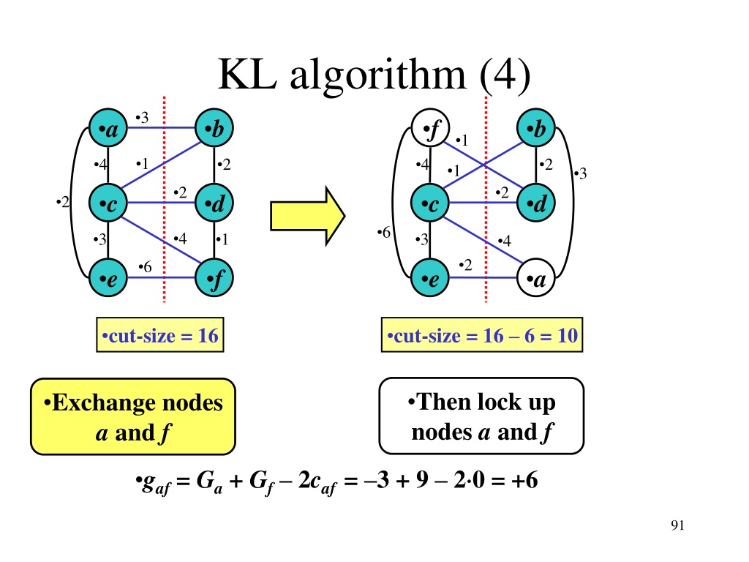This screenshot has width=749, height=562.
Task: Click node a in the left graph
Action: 108,130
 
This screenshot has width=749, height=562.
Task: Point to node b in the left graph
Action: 214,130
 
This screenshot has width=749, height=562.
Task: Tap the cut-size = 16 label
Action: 159,337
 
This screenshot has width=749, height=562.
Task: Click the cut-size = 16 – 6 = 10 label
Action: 483,337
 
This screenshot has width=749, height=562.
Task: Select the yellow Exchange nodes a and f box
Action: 132,416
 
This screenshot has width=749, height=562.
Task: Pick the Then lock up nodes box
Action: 481,416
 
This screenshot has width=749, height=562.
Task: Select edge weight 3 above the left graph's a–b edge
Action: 143,117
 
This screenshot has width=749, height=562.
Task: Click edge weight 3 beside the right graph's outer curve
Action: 581,173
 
